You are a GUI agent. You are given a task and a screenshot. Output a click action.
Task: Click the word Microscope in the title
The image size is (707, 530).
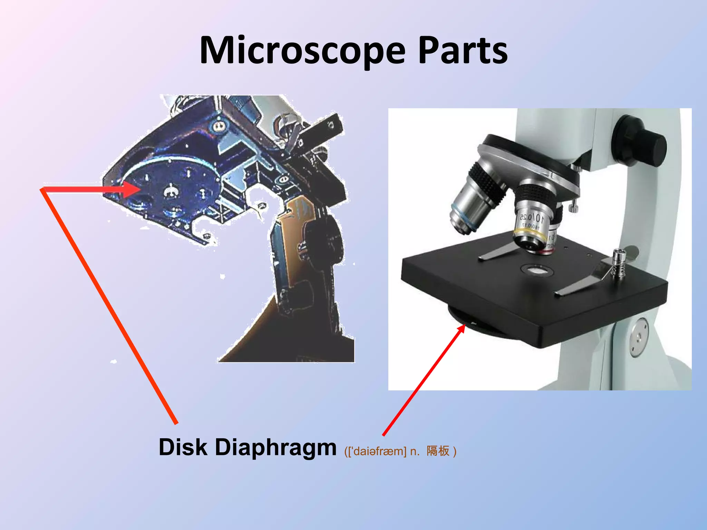[302, 51]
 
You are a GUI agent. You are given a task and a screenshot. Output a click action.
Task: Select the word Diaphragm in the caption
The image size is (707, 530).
[275, 448]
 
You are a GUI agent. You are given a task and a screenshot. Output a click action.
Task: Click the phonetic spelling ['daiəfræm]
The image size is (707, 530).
[377, 451]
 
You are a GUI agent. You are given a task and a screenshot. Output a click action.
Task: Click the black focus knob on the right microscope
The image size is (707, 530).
[640, 143]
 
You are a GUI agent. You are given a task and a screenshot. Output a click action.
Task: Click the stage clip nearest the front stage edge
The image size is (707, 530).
[580, 285]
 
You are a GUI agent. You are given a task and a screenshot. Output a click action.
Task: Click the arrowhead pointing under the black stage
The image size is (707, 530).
[461, 330]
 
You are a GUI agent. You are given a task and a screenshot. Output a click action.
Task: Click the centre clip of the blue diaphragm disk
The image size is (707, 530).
[170, 191]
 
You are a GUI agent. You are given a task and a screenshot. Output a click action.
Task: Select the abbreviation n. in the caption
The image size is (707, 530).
[415, 451]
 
